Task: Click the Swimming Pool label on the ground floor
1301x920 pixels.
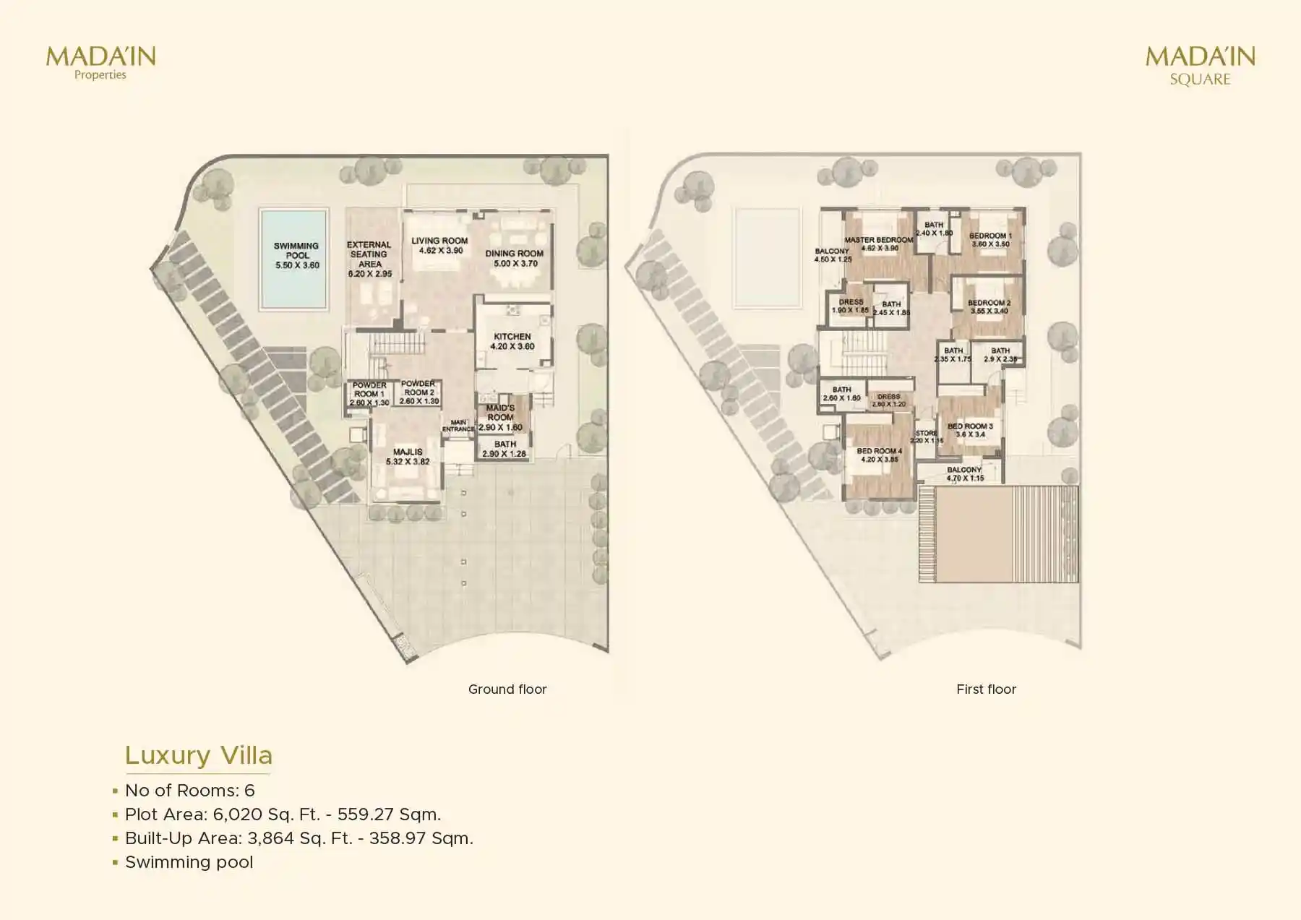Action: coord(296,255)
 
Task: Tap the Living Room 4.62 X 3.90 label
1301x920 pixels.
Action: coord(439,246)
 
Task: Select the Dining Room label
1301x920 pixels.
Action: coord(514,258)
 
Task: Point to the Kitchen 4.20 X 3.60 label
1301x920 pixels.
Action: coord(512,341)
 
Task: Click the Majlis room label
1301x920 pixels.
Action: coord(408,456)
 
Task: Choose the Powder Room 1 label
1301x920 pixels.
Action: coord(369,394)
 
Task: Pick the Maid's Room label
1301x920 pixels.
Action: coord(500,417)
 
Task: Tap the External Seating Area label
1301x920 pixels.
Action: coord(369,259)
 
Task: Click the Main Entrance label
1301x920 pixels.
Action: coord(458,426)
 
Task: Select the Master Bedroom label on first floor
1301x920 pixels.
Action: coord(879,244)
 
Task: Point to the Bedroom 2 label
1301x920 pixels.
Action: coord(989,307)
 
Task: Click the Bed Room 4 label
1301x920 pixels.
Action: coord(879,455)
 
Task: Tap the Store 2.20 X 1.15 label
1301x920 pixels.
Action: coord(926,437)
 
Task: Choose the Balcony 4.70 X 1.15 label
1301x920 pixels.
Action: coord(964,473)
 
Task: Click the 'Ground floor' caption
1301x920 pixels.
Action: coord(507,689)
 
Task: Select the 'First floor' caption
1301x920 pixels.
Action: coord(986,689)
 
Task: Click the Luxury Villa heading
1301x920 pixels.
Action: coord(199,755)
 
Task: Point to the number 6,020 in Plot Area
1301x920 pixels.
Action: coord(237,814)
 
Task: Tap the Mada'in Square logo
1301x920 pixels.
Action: coord(1200,65)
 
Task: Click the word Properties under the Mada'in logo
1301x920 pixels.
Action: coord(100,75)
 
